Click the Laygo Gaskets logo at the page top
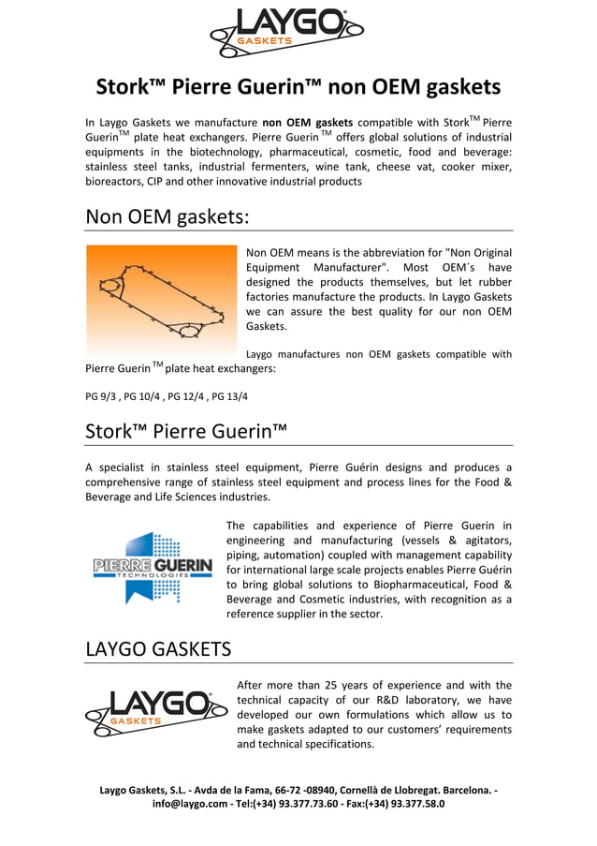tap(284, 32)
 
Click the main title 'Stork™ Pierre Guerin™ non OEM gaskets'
tap(298, 88)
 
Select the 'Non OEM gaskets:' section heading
tap(167, 216)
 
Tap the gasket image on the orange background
tap(161, 299)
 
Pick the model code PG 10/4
tap(142, 396)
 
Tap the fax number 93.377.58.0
tap(415, 804)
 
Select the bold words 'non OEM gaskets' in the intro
tap(307, 122)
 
